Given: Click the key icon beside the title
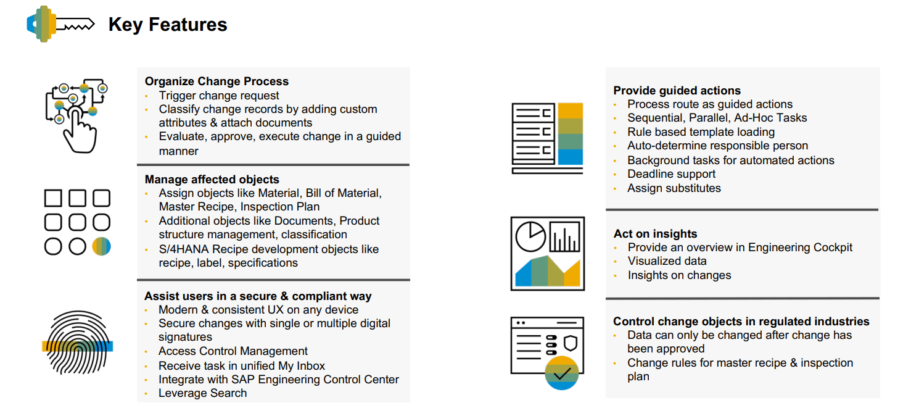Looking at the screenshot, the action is coord(60,24).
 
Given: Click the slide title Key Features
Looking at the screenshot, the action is coord(167,25).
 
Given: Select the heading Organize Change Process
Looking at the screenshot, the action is coord(216,81).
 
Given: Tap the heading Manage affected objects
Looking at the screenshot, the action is coord(212,180).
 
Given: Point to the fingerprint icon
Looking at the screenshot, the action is coord(78,343).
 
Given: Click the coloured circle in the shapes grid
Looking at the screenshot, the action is coord(101,246).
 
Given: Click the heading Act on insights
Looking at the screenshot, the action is coord(655,233).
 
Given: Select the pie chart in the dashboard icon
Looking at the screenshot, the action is coord(530,236).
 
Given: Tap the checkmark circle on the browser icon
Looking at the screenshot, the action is coord(562,373).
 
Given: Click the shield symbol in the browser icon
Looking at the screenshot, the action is coord(571,343).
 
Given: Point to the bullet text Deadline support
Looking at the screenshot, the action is coord(671,174).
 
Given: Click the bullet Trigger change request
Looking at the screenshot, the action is coord(219,96).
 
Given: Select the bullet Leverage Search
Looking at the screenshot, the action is coord(203,393).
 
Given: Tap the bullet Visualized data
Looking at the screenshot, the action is coord(667,261).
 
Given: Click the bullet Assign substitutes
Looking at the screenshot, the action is coord(674,188).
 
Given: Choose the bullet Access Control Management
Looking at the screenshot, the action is coord(233,351).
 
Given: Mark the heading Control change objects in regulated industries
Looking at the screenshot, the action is coord(741,322).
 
